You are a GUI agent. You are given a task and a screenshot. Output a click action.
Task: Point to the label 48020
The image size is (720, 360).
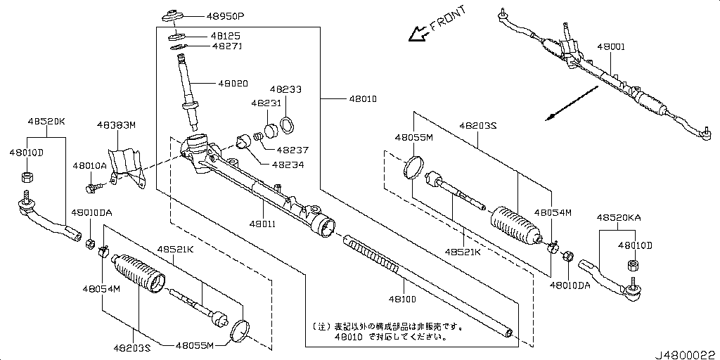(233, 83)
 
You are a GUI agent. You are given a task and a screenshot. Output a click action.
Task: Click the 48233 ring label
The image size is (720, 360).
(286, 90)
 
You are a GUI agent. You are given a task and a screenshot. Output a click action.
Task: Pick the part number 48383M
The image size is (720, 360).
(116, 125)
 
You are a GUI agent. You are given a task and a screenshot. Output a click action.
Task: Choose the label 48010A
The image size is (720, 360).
(89, 165)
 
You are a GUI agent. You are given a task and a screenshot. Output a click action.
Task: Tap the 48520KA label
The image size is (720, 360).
(619, 219)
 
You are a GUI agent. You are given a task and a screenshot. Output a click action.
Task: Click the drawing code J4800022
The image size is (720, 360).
(686, 353)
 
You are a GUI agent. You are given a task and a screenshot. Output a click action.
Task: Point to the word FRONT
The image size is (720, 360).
(447, 19)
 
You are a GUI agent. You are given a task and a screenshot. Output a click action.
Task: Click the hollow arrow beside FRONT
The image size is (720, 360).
(418, 33)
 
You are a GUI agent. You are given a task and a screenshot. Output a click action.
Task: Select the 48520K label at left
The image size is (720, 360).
(46, 121)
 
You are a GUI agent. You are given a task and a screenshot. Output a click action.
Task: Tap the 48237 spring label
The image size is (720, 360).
(292, 150)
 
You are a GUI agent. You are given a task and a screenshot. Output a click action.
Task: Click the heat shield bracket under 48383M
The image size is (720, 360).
(127, 167)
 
